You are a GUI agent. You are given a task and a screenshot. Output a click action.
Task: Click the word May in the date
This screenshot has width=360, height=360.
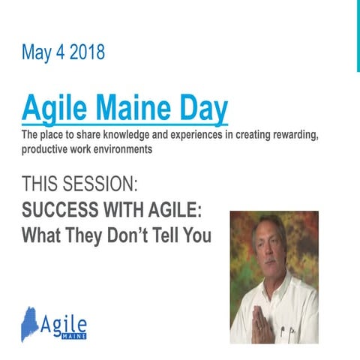point(37,53)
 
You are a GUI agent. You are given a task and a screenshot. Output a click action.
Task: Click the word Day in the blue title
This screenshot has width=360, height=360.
point(203,109)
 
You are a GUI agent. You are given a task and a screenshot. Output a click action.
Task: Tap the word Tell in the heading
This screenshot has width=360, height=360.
point(175,235)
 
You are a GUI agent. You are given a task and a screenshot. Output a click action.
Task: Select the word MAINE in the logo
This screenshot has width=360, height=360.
point(73,337)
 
